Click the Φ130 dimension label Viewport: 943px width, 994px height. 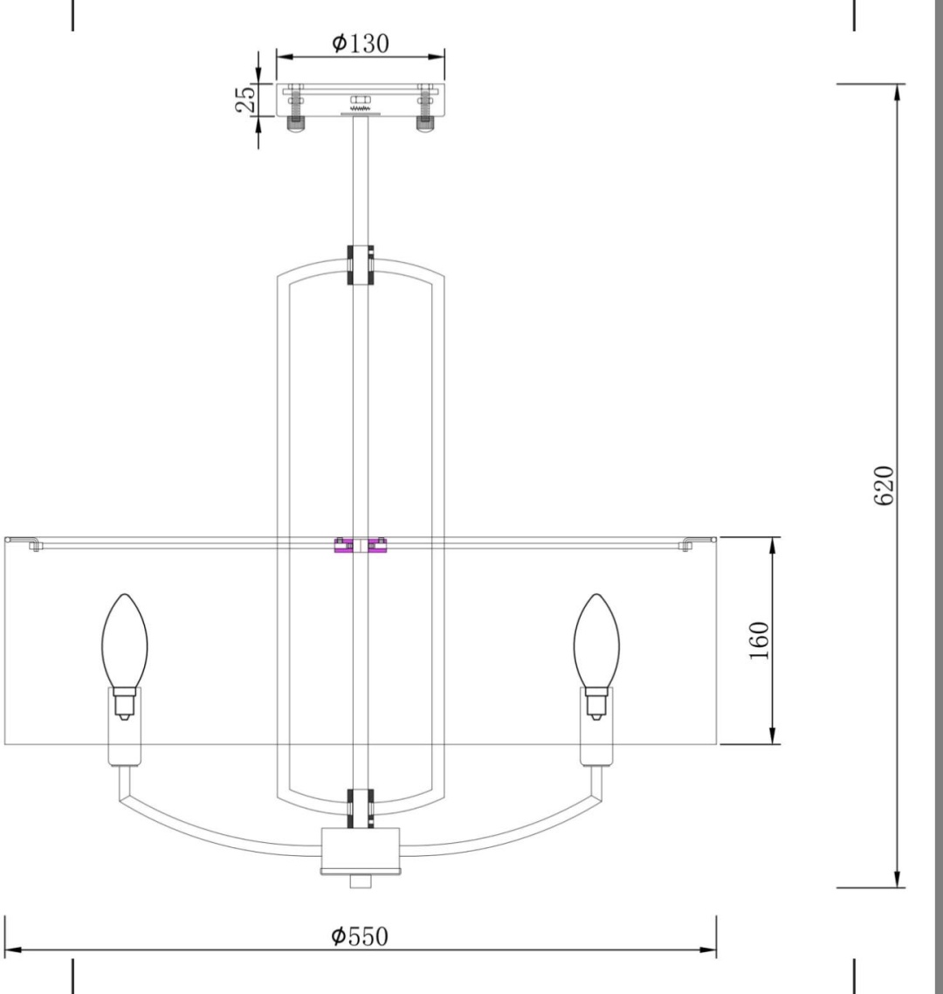(x=360, y=43)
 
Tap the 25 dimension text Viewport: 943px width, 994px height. (x=246, y=99)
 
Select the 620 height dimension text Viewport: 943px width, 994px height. (x=884, y=486)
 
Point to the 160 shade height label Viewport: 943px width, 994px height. (x=760, y=640)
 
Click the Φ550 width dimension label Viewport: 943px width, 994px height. (x=360, y=935)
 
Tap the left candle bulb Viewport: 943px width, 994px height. (x=125, y=641)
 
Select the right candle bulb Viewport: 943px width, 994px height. (x=596, y=641)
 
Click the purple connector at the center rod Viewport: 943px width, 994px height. (x=361, y=545)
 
